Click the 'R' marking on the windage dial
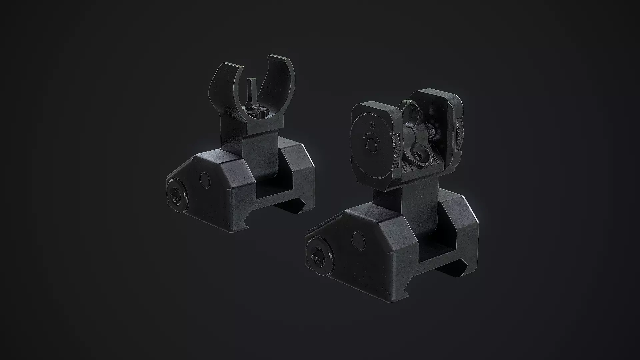372,125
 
